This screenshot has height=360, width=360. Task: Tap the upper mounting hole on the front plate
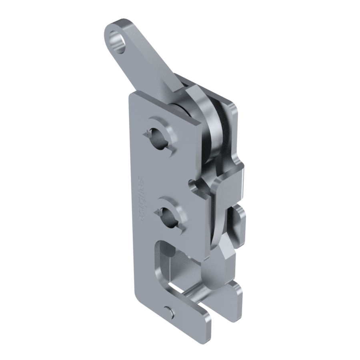161,138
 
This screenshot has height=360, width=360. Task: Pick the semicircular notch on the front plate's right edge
193,185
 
